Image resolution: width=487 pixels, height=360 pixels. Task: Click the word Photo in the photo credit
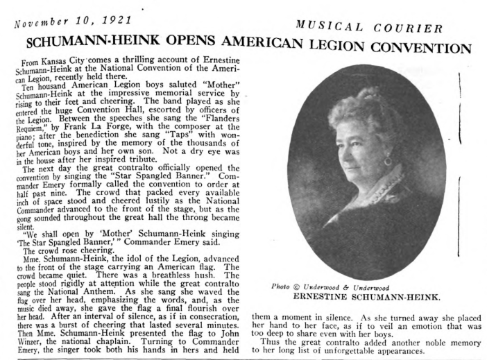tap(275, 286)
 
